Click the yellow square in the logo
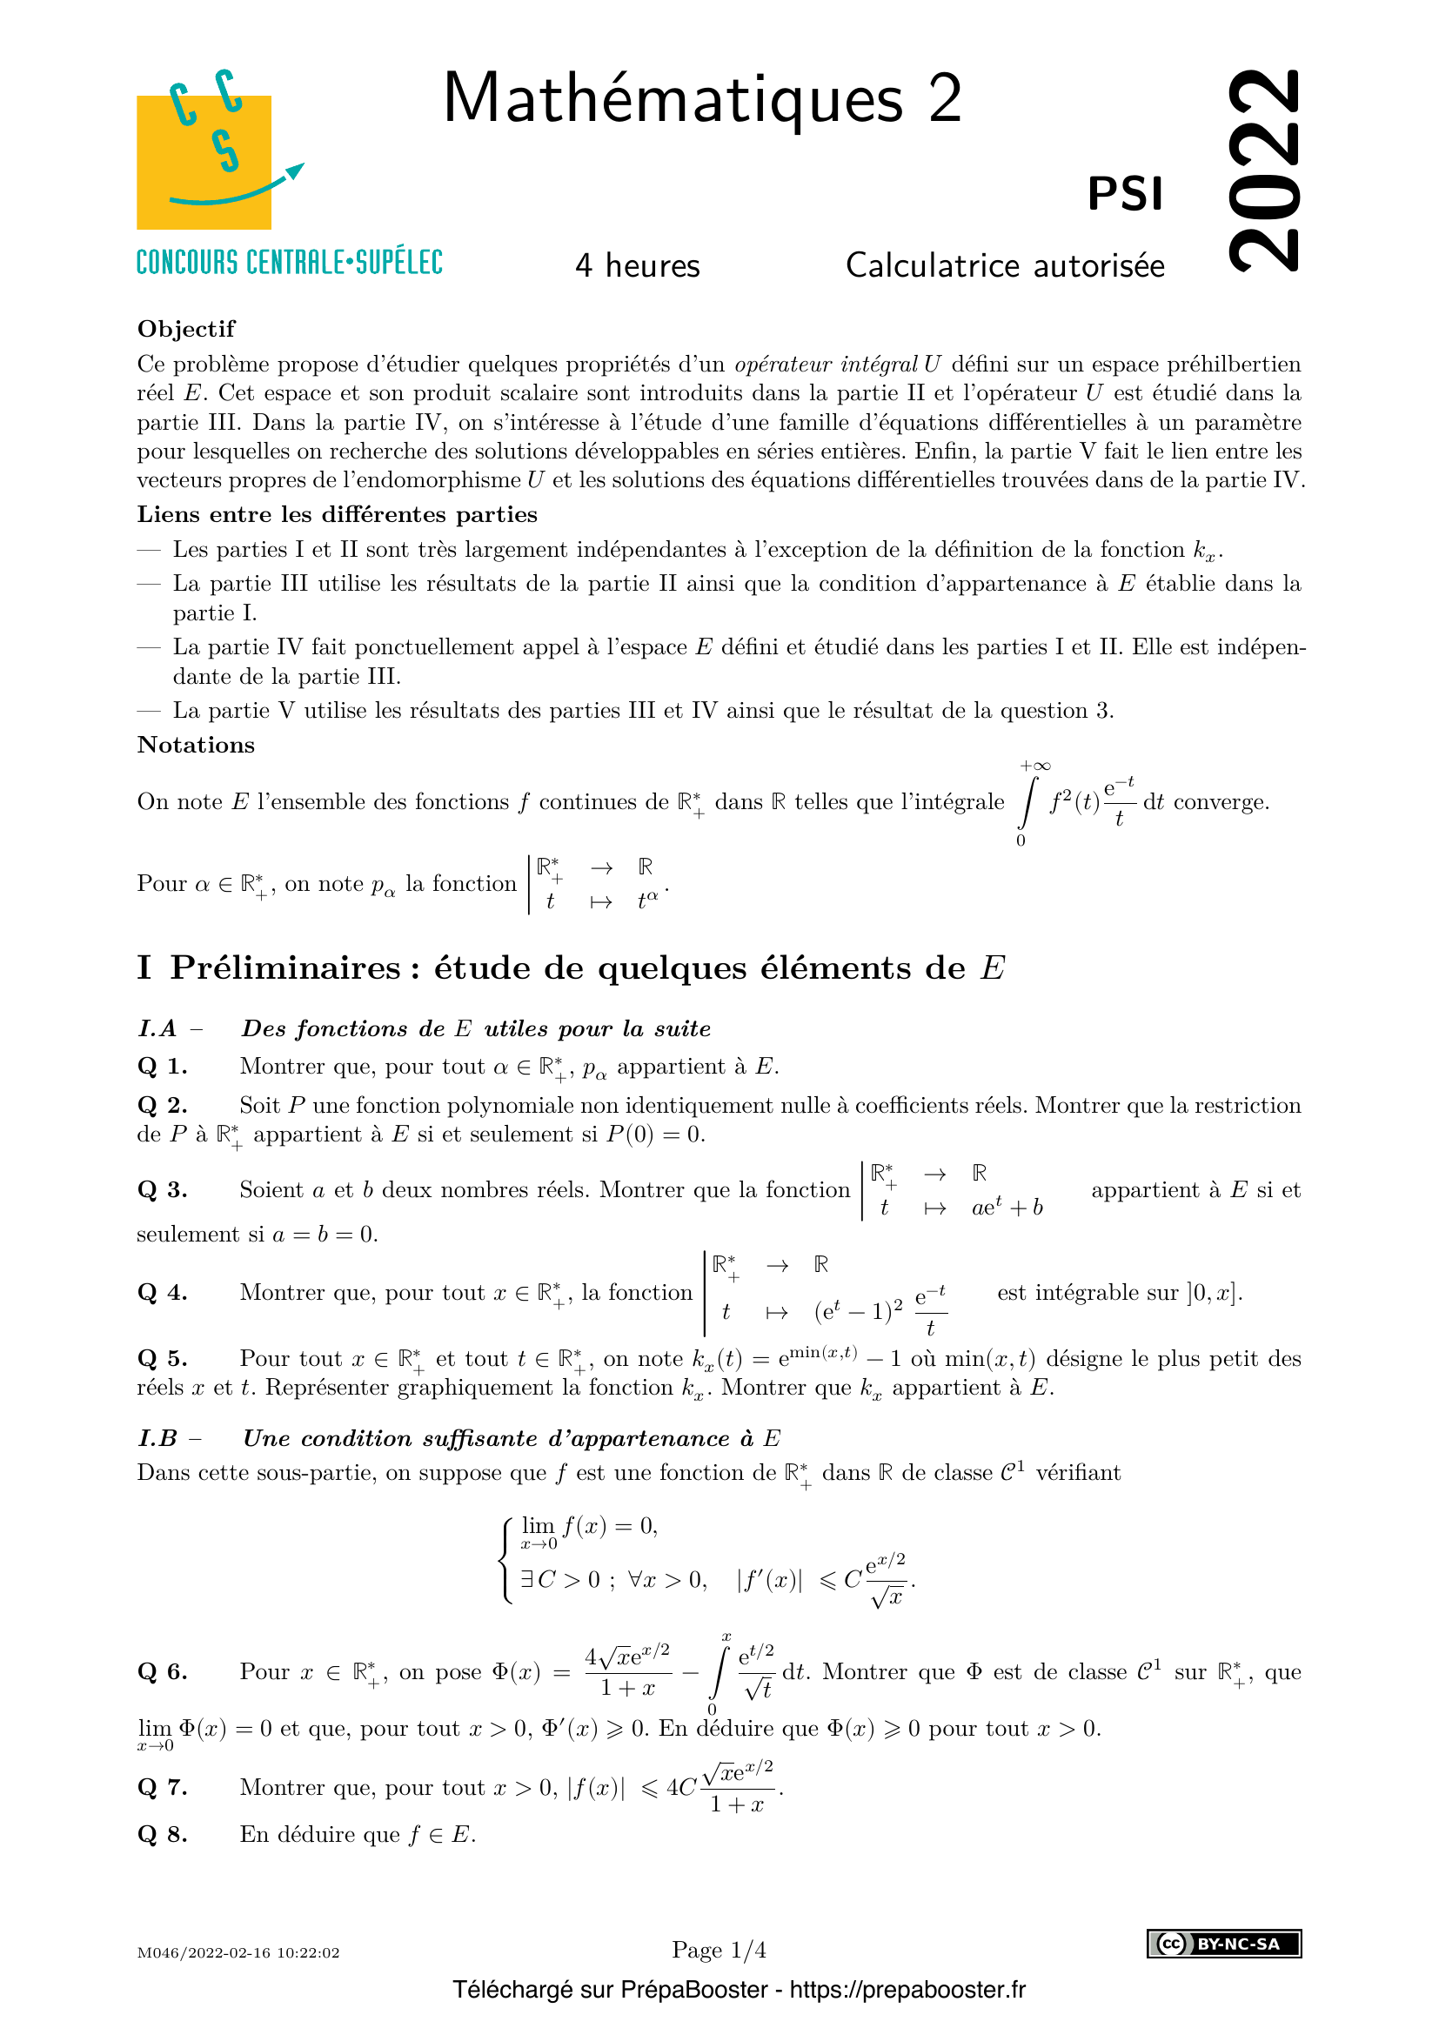(x=203, y=162)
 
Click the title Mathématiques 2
(x=702, y=99)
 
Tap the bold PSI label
(x=1124, y=194)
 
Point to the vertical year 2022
(x=1264, y=170)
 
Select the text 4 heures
(x=637, y=266)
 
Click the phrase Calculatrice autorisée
(x=1005, y=266)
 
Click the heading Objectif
(x=186, y=329)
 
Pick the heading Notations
(x=196, y=745)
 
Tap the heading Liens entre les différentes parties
(x=337, y=514)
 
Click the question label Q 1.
(x=162, y=1067)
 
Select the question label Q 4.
(x=162, y=1292)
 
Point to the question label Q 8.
(x=162, y=1834)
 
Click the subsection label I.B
(x=157, y=1438)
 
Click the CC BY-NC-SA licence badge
(x=1224, y=1944)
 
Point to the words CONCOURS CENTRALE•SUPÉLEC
(x=289, y=263)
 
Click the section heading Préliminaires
(x=285, y=967)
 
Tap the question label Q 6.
(x=162, y=1671)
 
